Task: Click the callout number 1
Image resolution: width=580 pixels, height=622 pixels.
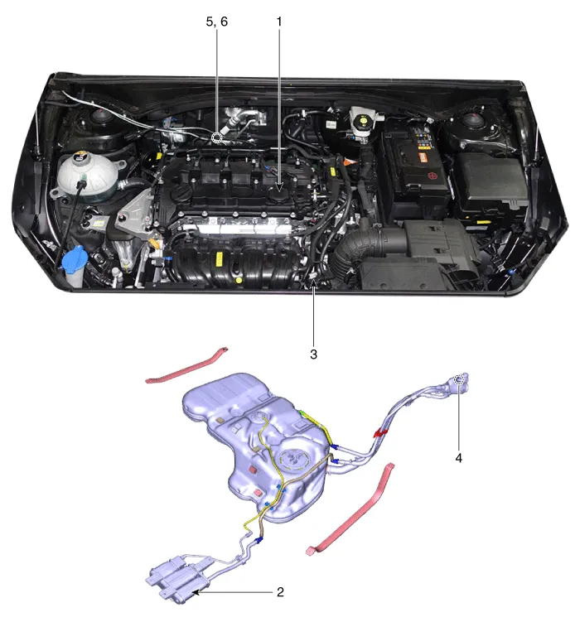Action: tap(279, 22)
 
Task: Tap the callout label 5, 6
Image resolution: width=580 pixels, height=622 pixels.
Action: tap(216, 22)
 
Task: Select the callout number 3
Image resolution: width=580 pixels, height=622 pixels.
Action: tap(313, 354)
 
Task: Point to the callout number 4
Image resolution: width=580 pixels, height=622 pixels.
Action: tap(458, 458)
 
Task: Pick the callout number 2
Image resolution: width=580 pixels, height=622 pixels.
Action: tap(280, 592)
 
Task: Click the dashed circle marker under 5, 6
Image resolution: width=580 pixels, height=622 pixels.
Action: tap(216, 138)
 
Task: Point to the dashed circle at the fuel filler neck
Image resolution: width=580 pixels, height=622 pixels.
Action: tap(458, 379)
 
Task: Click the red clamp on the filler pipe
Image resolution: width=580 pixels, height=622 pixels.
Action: tap(380, 432)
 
